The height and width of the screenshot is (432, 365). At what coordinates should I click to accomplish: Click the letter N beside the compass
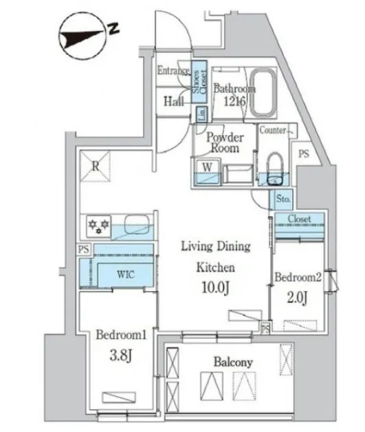(113, 28)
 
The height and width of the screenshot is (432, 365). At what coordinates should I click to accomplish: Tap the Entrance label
(173, 71)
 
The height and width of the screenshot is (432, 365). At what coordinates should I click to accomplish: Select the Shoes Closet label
(199, 82)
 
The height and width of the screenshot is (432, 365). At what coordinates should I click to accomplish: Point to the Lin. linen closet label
(202, 114)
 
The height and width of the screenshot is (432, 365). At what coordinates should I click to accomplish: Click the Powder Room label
(225, 142)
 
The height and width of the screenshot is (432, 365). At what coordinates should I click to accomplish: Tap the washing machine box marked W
(208, 172)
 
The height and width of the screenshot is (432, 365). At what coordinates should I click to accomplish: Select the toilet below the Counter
(274, 169)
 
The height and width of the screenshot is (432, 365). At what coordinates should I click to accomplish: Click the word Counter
(272, 130)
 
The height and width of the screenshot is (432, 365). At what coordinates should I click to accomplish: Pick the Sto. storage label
(283, 198)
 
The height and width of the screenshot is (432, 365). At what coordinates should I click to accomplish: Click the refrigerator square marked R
(96, 166)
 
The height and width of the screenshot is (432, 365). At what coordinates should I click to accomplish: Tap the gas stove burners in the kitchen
(98, 226)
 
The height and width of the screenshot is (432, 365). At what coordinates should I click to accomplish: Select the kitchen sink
(137, 225)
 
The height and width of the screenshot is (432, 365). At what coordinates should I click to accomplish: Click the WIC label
(126, 274)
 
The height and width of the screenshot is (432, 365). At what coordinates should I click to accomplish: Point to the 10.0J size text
(216, 288)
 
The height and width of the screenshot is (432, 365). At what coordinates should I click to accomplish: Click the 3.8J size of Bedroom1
(121, 356)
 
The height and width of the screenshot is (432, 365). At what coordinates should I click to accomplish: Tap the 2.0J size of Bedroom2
(297, 297)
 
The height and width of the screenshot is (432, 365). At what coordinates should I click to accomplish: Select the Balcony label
(233, 363)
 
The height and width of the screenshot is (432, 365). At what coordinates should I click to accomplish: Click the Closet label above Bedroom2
(300, 219)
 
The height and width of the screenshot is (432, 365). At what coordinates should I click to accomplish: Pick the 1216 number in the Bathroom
(234, 102)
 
